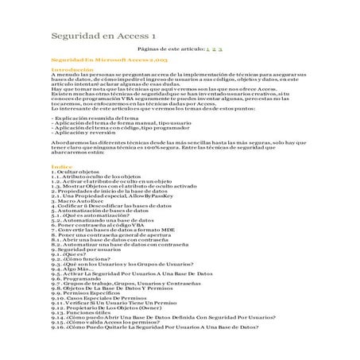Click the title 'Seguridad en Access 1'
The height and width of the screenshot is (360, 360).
pyautogui.click(x=103, y=36)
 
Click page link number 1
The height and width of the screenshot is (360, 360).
pyautogui.click(x=207, y=49)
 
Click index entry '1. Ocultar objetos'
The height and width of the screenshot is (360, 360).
pyautogui.click(x=75, y=172)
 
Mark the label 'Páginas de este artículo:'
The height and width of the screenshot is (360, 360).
pyautogui.click(x=171, y=49)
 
